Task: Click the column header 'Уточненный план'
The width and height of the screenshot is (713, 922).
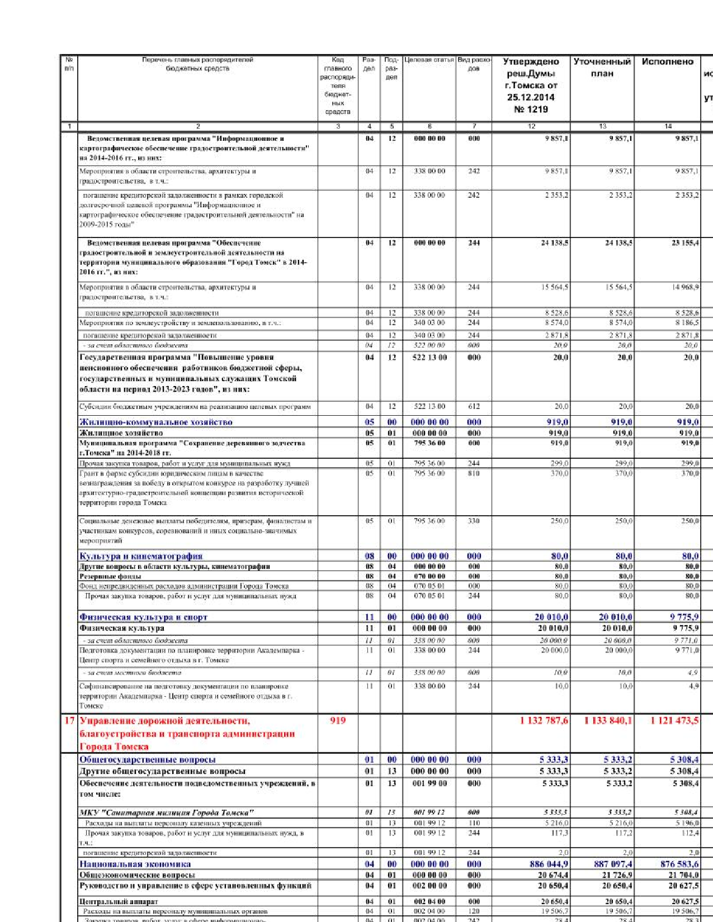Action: tap(602, 68)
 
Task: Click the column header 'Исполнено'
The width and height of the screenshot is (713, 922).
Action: tap(667, 62)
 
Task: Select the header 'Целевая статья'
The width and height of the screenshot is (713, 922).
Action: tap(429, 60)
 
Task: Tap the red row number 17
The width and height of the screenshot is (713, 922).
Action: tap(69, 720)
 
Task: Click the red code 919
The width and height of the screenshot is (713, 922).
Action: tap(338, 720)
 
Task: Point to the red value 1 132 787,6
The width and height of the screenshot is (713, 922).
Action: tap(544, 721)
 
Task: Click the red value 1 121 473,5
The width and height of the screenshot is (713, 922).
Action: tap(674, 721)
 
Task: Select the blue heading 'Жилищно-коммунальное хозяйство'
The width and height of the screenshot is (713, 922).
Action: tap(156, 422)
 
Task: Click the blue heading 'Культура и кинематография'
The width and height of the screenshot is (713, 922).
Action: tap(141, 557)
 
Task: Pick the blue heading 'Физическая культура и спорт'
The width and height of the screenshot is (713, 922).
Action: tap(143, 617)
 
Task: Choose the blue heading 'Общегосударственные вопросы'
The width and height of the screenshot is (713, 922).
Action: tap(147, 760)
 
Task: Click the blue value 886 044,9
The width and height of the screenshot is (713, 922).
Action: tap(549, 864)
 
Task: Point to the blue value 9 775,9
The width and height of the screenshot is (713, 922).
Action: tap(684, 617)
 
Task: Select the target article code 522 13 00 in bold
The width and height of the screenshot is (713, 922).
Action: tap(429, 358)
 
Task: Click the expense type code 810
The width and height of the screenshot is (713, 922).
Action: tap(474, 473)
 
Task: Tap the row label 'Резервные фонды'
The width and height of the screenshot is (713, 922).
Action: tap(110, 577)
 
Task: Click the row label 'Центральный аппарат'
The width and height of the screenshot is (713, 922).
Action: tap(119, 902)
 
